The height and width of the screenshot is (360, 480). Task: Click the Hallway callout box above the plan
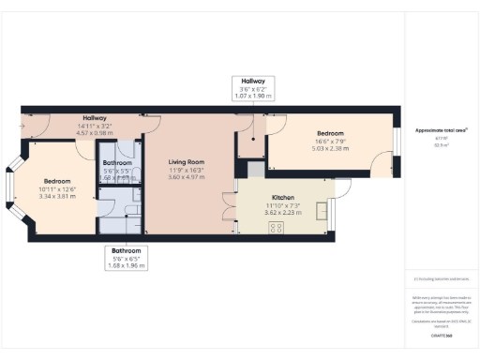254,89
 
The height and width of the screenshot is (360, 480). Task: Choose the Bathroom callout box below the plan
126,258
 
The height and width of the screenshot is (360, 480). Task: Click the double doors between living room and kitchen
228,208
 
